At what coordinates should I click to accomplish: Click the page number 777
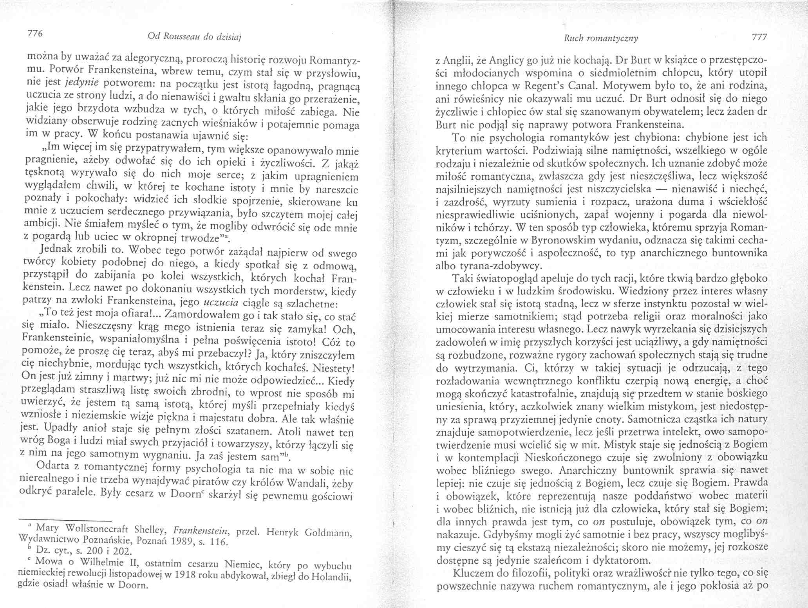[x=757, y=38]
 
